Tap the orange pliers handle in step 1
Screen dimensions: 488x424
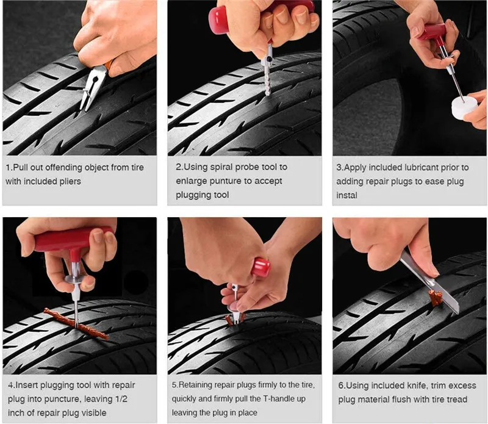109,65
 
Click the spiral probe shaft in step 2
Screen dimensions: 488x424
267,79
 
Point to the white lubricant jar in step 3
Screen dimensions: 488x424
464,108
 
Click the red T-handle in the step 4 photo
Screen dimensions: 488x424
72,242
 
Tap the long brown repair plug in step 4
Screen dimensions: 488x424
76,324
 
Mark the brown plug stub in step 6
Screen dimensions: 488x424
435,296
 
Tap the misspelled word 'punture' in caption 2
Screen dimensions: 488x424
224,181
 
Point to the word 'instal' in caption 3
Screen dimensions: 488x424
346,195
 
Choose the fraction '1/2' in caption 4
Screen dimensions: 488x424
120,399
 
